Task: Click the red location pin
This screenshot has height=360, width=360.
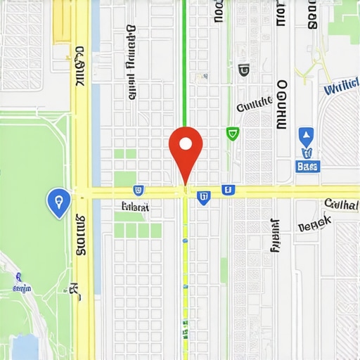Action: point(186,146)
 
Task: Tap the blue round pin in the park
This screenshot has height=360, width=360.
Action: point(58,201)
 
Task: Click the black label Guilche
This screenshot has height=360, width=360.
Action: point(254,105)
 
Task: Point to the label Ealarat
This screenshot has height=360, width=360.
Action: point(135,207)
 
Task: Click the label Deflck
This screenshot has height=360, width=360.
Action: point(314,225)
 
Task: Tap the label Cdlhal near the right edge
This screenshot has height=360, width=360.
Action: point(341,205)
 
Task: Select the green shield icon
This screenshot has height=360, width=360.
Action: point(232,133)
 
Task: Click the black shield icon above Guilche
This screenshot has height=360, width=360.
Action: point(244,70)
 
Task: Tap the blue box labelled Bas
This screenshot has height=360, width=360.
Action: point(308,167)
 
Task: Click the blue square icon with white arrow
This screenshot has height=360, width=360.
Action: point(305,136)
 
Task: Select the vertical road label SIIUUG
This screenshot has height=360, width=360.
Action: point(79,236)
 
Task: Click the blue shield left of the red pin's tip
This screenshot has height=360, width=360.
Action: point(139,190)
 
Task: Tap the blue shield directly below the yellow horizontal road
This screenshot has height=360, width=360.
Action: point(203,198)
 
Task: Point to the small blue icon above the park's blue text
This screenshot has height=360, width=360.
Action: point(16,277)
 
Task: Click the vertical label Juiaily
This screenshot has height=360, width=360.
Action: point(274,235)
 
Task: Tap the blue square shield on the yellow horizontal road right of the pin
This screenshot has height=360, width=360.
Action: point(227,189)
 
